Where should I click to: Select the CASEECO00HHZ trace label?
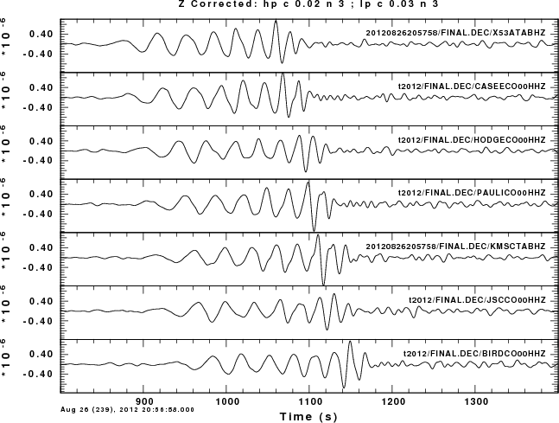[472, 87]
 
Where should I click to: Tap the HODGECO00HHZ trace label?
[472, 140]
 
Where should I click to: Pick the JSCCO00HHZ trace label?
[477, 301]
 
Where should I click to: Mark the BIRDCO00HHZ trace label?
[475, 355]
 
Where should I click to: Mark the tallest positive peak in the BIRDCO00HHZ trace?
[350, 343]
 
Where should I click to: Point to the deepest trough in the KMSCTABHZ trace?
[323, 284]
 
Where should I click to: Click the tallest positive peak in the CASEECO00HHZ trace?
[283, 75]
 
